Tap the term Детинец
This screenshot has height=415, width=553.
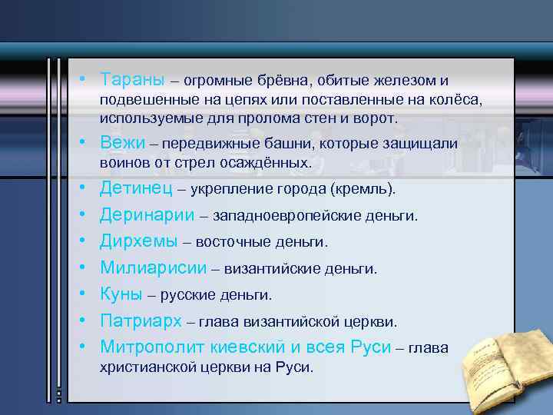[x=135, y=188]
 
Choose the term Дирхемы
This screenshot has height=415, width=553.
[x=138, y=242]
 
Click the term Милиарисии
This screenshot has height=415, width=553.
[x=154, y=268]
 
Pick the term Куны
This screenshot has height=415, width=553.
[x=121, y=295]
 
